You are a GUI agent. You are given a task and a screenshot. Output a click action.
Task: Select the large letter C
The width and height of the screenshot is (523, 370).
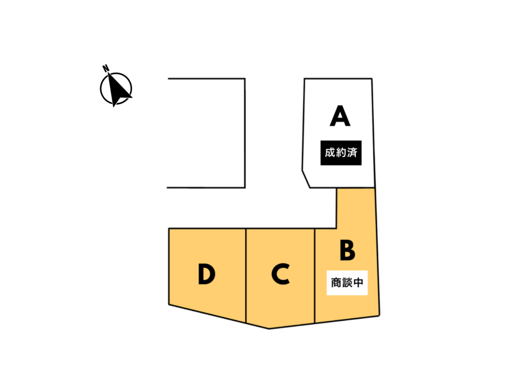[280, 274]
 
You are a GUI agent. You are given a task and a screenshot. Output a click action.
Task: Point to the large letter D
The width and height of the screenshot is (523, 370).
[206, 275]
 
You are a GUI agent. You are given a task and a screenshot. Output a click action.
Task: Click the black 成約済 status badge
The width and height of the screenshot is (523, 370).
[341, 153]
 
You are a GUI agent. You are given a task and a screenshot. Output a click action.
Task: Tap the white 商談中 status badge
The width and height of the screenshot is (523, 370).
[347, 282]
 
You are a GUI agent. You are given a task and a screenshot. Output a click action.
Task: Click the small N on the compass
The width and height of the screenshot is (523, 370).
[105, 67]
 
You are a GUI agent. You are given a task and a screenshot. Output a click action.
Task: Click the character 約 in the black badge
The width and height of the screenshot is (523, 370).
[341, 153]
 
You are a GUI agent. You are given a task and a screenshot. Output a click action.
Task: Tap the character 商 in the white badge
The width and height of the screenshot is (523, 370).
[336, 282]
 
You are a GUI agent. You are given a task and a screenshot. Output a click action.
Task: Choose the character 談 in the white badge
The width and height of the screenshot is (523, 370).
[347, 282]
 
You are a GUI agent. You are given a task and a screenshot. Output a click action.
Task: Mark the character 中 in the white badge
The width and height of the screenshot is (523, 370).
[359, 282]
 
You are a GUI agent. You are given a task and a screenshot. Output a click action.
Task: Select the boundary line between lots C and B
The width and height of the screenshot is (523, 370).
[315, 276]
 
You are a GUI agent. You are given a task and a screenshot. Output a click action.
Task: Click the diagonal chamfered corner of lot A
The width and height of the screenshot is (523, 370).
[306, 179]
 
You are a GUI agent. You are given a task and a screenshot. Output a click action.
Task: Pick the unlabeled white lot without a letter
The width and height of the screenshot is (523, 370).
[206, 133]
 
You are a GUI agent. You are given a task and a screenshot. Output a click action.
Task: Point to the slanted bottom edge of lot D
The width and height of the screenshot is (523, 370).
[207, 313]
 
